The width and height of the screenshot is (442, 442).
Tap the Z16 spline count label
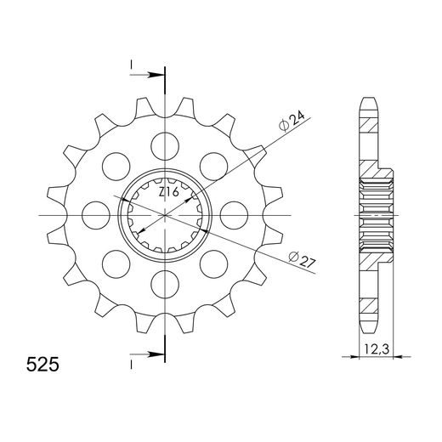[169, 193]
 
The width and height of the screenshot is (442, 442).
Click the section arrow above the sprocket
[151, 76]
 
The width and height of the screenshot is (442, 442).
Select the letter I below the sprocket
[132, 362]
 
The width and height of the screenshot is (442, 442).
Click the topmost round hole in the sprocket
[161, 141]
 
